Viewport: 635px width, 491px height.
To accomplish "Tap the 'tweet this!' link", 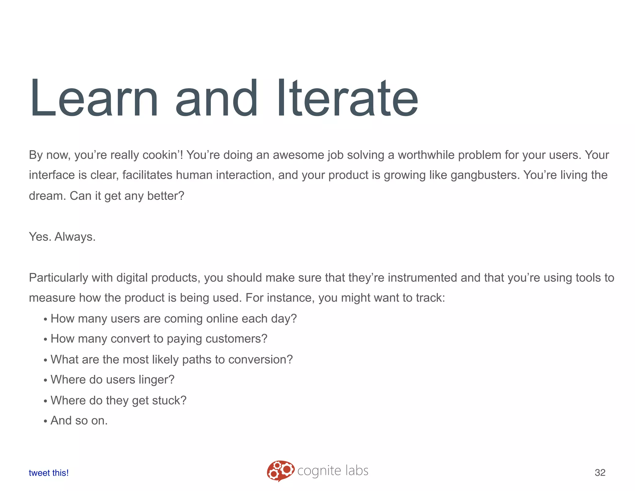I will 49,473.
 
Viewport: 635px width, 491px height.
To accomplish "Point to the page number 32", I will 600,472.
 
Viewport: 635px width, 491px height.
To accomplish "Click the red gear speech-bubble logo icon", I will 280,471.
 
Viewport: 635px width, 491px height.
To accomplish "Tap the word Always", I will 75,237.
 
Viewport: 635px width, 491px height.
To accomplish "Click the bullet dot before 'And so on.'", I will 45,421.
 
